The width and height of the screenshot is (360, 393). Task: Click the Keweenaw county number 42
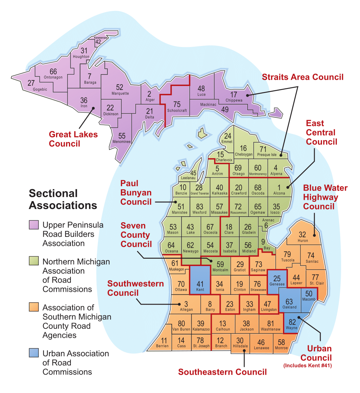tap(98, 42)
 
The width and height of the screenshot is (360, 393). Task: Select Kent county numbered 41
tap(200, 285)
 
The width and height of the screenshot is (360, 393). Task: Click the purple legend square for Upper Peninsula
tap(34, 225)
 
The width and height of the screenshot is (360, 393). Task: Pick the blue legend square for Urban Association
tap(34, 353)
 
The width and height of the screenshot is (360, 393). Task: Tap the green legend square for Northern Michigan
tap(34, 261)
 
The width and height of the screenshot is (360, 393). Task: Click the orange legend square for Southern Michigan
tap(34, 307)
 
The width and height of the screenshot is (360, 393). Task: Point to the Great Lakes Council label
tap(73, 139)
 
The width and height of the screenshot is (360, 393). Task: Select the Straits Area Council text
tap(302, 77)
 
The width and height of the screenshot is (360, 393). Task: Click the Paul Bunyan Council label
tap(136, 193)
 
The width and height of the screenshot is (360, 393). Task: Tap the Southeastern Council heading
tap(222, 372)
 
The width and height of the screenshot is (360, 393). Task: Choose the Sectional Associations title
tap(63, 199)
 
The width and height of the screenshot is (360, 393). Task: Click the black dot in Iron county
tap(93, 108)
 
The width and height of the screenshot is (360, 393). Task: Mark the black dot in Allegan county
tap(179, 304)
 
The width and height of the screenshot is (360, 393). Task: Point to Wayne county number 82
tap(292, 322)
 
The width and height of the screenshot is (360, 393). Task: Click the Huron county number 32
tap(302, 235)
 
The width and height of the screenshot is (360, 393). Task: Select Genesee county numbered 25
tap(277, 279)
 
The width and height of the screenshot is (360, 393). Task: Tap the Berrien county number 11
tap(164, 341)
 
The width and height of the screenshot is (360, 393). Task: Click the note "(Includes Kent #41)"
tap(307, 366)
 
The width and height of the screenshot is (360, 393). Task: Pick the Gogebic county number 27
tap(31, 83)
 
